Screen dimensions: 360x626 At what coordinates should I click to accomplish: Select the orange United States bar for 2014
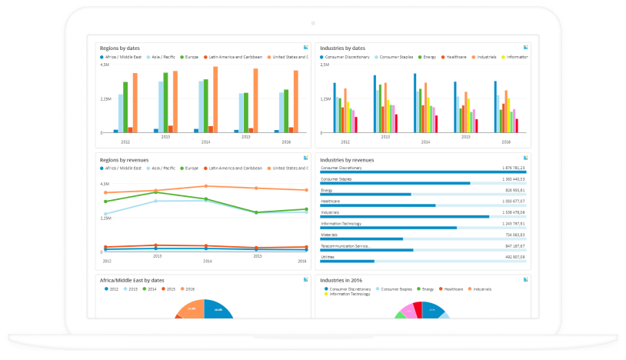point(215,99)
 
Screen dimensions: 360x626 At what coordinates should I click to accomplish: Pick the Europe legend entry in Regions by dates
point(189,57)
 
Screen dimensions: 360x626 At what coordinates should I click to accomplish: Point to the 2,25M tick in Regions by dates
point(106,98)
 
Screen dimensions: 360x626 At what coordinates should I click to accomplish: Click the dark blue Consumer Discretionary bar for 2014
point(415,103)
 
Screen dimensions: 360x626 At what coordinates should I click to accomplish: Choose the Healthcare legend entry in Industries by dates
point(457,57)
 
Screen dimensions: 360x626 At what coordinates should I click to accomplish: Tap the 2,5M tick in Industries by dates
point(325,65)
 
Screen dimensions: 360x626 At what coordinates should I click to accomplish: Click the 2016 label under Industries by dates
point(506,142)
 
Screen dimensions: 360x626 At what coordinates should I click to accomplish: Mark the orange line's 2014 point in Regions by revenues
point(206,186)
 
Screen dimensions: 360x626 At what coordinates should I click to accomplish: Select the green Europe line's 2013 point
point(156,192)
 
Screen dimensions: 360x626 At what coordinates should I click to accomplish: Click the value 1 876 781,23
point(513,167)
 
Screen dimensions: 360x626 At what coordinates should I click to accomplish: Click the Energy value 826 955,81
point(514,189)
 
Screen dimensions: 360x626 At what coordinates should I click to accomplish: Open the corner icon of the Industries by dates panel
point(524,48)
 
